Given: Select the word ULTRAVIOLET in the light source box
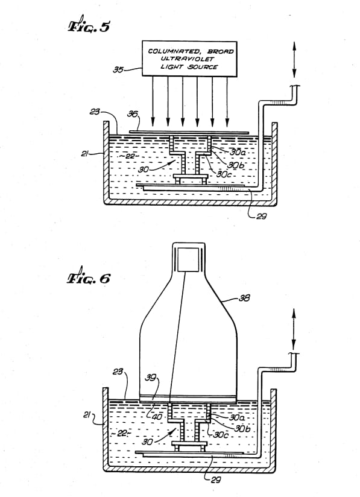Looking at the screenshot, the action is (x=188, y=59).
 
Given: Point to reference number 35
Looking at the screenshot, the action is (x=118, y=69).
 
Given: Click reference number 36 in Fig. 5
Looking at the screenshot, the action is (x=133, y=114).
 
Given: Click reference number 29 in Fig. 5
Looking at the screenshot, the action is (x=262, y=217).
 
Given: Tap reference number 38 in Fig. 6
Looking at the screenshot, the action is (x=244, y=298).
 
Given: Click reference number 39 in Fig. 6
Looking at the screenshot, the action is (x=151, y=378).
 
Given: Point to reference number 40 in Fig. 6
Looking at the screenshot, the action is (x=157, y=417).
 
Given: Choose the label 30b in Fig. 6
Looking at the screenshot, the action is (x=242, y=428).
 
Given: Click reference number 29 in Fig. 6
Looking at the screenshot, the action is (x=215, y=480).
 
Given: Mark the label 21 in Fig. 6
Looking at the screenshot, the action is (x=87, y=414).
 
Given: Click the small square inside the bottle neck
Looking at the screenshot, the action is (x=188, y=259).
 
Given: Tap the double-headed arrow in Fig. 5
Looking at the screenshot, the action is (x=294, y=60).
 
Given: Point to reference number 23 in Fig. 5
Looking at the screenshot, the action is (x=95, y=112).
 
